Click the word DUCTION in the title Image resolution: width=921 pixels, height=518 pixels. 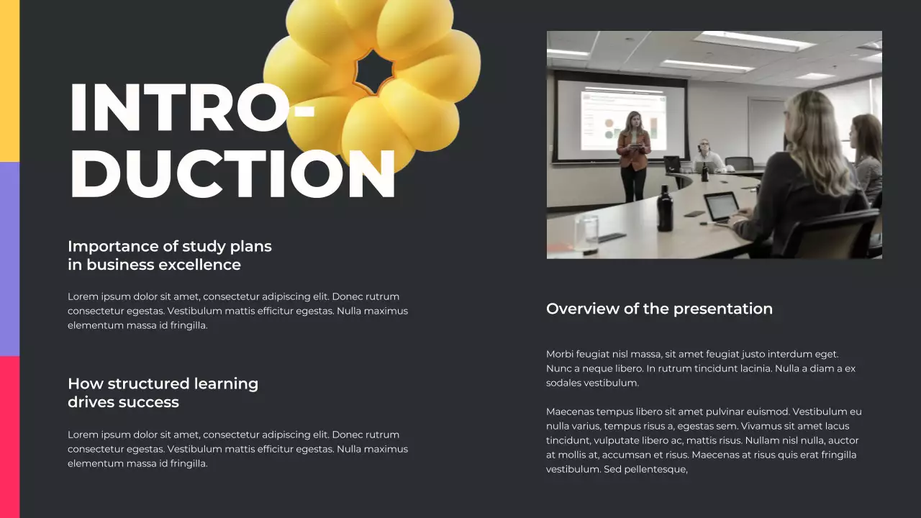click(232, 174)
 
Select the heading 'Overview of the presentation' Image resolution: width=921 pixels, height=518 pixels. click(659, 309)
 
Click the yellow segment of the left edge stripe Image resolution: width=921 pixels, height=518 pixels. click(9, 81)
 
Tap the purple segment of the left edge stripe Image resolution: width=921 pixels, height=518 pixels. click(9, 259)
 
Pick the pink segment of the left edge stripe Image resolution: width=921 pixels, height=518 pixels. click(9, 437)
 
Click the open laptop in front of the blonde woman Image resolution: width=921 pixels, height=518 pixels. click(722, 207)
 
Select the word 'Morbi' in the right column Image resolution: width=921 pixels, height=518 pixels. click(560, 354)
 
